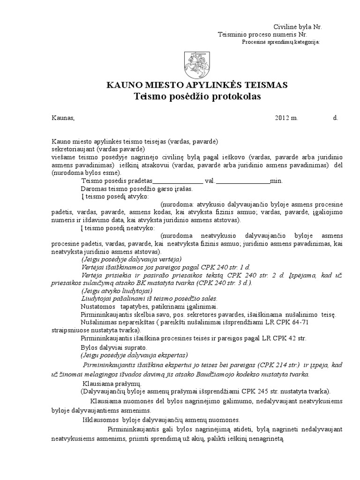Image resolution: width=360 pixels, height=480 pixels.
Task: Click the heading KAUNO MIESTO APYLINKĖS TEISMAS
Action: pos(197,85)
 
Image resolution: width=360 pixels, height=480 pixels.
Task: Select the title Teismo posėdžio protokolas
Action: pos(197,97)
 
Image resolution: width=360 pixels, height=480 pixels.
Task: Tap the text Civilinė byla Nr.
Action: pos(298,27)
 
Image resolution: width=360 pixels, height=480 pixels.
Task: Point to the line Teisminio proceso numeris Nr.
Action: pos(262,35)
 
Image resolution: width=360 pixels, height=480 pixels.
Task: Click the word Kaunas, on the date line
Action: pos(63,118)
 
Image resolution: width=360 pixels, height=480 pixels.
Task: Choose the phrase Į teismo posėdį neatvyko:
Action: pos(118,228)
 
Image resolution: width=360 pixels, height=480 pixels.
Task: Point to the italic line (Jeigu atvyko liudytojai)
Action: pos(116,291)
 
